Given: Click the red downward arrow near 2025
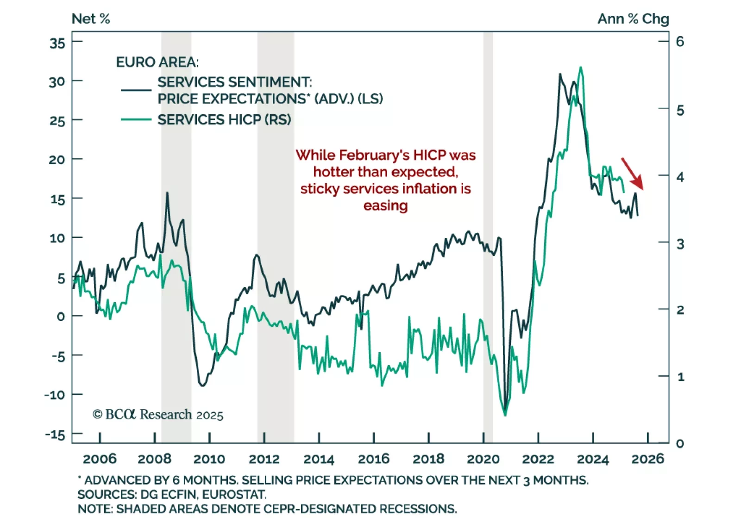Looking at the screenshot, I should click(x=632, y=174).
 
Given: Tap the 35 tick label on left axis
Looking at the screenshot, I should click(x=57, y=43).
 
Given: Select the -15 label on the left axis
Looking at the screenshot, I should click(x=55, y=435).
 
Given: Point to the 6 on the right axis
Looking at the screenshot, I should click(x=680, y=42).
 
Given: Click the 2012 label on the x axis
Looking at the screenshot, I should click(x=264, y=459).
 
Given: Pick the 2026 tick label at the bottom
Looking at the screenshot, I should click(x=647, y=459).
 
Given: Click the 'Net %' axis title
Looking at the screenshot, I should click(x=91, y=19).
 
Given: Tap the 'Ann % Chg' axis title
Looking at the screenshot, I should click(x=633, y=19).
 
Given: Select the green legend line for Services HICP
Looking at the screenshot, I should click(x=136, y=119).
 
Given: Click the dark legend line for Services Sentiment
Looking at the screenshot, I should click(x=136, y=90).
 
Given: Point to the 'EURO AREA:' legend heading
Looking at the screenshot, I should click(x=157, y=62).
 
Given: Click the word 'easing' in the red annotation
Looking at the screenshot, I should click(x=385, y=205).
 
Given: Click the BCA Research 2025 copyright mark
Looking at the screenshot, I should click(x=158, y=414).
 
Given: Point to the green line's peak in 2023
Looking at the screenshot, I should click(x=581, y=68).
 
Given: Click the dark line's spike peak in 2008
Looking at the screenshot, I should click(x=167, y=193).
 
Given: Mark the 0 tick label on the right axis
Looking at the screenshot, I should click(x=680, y=443).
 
